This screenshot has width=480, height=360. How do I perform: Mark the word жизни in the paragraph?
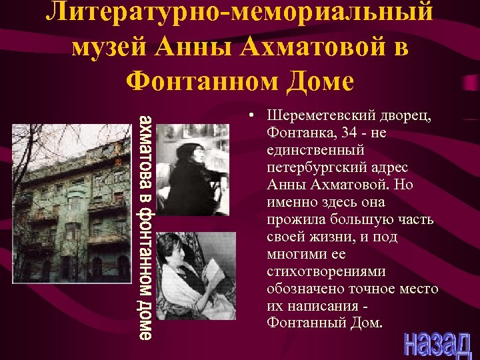(324, 237)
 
